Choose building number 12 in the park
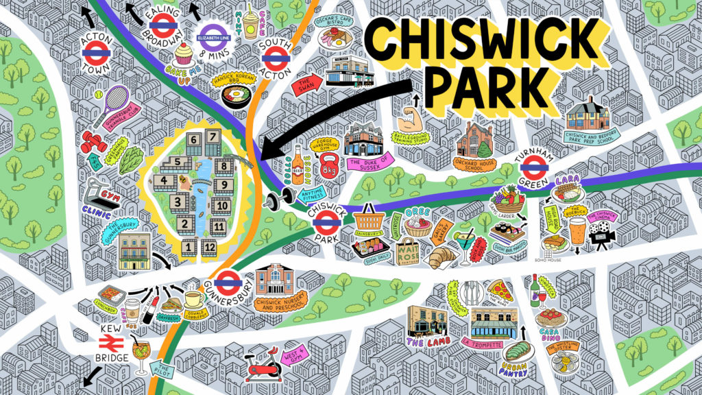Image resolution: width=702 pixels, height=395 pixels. click(x=209, y=248)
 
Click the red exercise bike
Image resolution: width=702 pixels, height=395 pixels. click(x=266, y=366)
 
